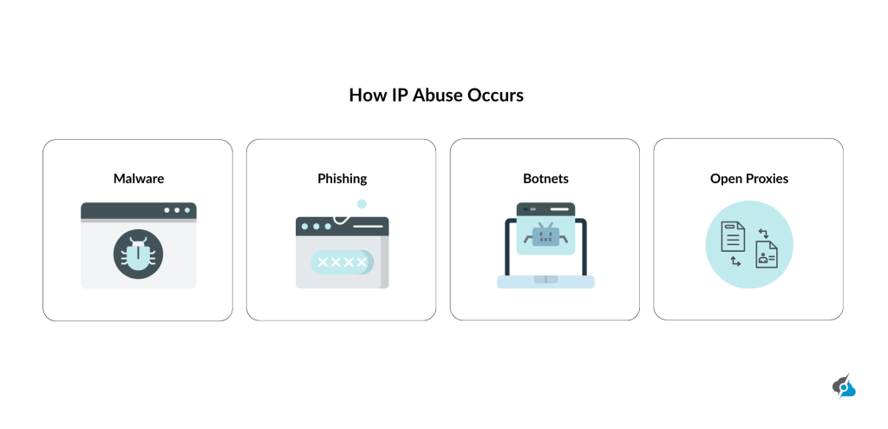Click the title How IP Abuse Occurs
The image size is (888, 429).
436,95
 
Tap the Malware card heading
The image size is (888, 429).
139,179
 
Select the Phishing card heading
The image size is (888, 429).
342,179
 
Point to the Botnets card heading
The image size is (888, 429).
545,179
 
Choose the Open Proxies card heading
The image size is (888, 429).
748,179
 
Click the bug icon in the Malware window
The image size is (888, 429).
138,254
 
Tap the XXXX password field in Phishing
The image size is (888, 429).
342,262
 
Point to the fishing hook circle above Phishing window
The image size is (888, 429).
362,203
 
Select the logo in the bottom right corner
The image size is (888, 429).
843,386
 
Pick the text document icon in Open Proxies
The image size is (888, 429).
733,236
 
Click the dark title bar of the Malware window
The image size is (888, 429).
139,210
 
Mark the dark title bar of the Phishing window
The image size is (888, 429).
342,226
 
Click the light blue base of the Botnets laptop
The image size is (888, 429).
545,282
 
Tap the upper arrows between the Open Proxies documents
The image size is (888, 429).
762,232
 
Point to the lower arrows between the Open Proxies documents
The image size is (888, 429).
735,261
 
